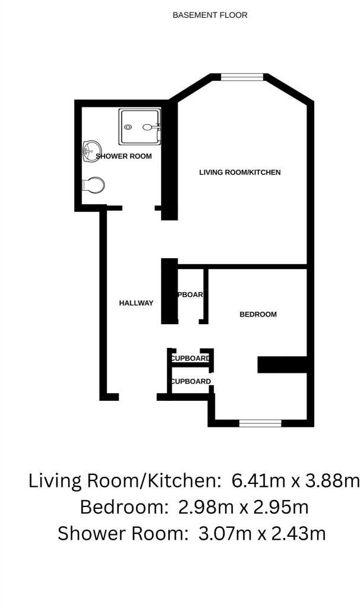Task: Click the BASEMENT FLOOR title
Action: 210,15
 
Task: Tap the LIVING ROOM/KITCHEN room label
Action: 239,172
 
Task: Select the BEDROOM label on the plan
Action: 258,314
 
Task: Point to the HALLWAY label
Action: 136,303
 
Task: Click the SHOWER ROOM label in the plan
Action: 124,156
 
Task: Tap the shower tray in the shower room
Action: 140,126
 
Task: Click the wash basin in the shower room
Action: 91,151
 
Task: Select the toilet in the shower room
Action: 93,185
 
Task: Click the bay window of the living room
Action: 242,76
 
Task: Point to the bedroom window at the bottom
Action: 260,423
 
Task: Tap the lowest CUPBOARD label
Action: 191,381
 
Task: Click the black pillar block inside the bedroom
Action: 282,365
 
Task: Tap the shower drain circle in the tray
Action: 127,126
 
